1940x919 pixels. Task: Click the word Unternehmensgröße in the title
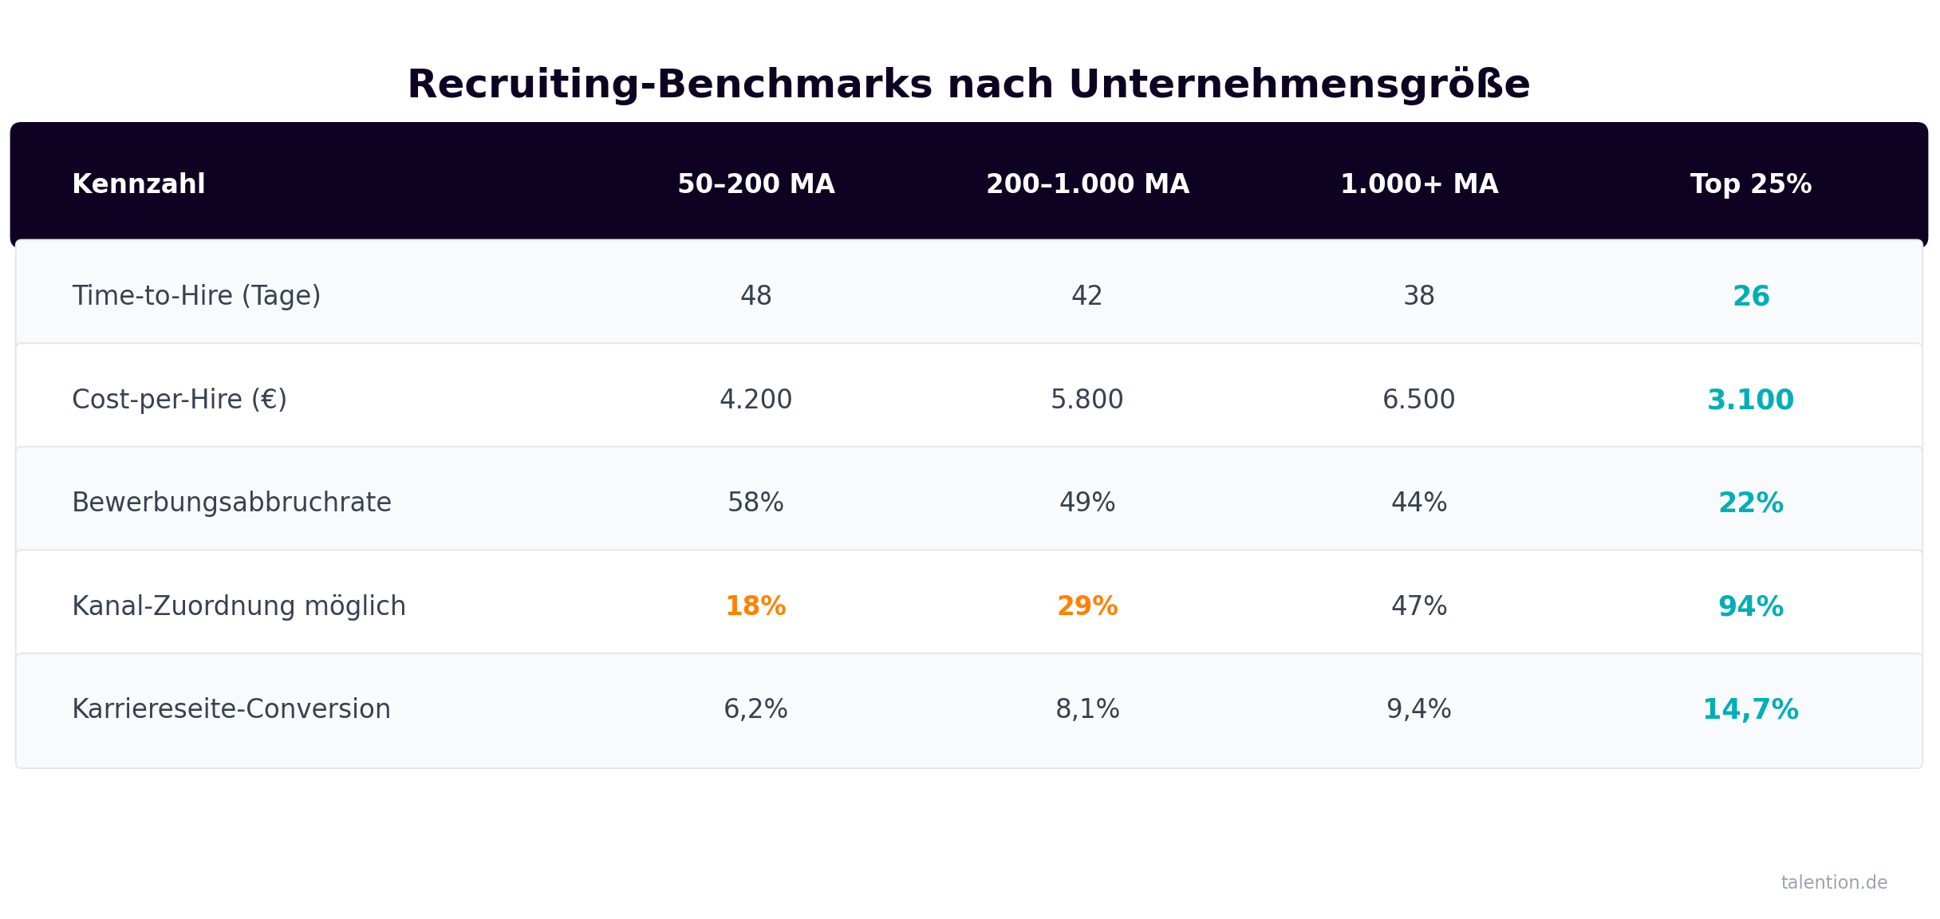click(1299, 85)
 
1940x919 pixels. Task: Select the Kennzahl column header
click(139, 184)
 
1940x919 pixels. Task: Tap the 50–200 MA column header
click(755, 184)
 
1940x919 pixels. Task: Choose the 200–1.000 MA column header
click(1087, 184)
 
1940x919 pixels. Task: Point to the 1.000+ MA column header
click(1419, 184)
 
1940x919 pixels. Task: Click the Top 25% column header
click(1751, 184)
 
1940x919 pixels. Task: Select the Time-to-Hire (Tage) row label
click(196, 296)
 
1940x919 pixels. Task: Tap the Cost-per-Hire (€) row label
click(179, 400)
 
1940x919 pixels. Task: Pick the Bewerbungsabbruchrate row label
click(231, 503)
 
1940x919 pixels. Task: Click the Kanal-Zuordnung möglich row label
click(239, 606)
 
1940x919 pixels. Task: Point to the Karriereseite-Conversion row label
click(231, 709)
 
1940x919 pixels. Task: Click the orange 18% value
click(755, 606)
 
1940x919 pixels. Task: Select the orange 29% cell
click(1087, 606)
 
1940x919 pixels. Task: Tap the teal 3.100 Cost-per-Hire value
click(1750, 400)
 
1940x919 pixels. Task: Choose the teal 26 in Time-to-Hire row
click(1751, 297)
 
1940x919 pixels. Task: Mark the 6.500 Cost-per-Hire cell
click(1418, 400)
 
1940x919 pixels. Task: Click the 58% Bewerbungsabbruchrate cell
click(755, 503)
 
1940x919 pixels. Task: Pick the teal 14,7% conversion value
click(1750, 709)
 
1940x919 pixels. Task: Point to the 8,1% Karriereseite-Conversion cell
click(1087, 709)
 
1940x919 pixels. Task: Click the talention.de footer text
click(1834, 882)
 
